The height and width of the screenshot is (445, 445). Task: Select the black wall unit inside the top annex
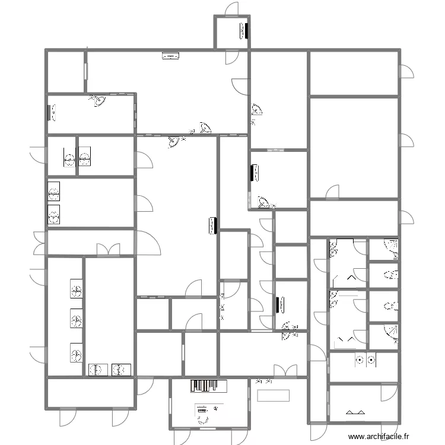pos(244,30)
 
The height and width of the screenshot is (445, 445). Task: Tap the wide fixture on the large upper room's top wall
pos(171,56)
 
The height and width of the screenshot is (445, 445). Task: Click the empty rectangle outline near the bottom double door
pos(274,395)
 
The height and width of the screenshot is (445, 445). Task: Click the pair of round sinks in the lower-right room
pos(365,359)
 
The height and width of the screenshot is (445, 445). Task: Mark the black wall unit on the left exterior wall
pos(49,112)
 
